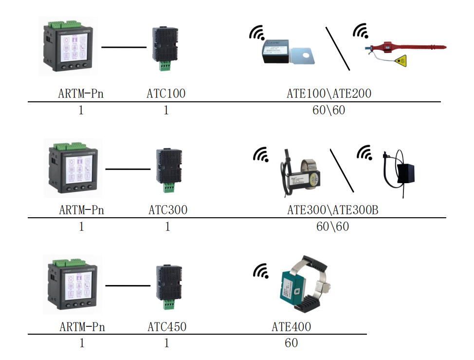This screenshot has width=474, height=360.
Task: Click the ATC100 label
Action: (x=166, y=94)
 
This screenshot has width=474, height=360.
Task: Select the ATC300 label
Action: (x=168, y=210)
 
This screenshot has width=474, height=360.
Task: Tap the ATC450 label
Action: (x=167, y=327)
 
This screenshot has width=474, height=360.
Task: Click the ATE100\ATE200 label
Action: (x=329, y=94)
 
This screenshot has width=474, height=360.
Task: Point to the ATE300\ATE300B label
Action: (x=333, y=210)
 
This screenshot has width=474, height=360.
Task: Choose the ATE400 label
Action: (x=291, y=327)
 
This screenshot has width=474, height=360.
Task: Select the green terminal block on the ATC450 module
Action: (x=168, y=304)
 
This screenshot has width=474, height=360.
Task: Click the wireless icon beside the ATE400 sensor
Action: (x=261, y=271)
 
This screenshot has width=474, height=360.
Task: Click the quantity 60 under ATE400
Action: (x=291, y=343)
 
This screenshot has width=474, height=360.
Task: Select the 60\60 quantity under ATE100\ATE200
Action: (x=329, y=110)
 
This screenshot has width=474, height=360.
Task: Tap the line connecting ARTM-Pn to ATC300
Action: (x=128, y=169)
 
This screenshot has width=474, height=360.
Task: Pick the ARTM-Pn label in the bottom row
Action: (x=82, y=327)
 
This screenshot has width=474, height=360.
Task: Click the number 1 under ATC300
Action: (x=167, y=227)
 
